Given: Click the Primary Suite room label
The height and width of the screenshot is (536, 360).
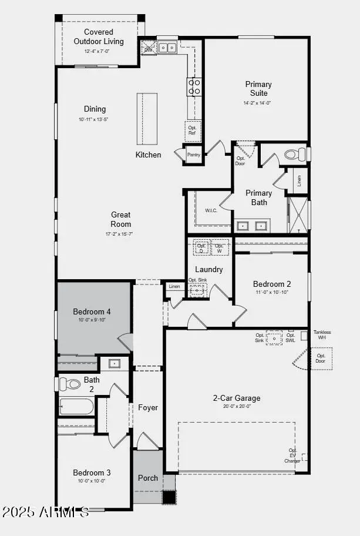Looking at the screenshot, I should pyautogui.click(x=258, y=89).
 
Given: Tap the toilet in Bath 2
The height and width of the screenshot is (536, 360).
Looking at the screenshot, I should pyautogui.click(x=71, y=384).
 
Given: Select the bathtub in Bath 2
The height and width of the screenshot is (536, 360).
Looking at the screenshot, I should pyautogui.click(x=77, y=407).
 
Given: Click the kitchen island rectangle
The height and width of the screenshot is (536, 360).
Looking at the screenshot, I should pyautogui.click(x=148, y=118).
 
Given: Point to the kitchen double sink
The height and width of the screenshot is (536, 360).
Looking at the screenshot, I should pyautogui.click(x=167, y=48).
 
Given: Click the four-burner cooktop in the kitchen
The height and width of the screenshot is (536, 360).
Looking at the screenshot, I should pyautogui.click(x=194, y=87).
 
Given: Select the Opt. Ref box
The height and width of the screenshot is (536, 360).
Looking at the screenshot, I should pyautogui.click(x=192, y=130).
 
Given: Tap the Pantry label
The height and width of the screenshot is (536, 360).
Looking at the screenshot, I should pyautogui.click(x=193, y=155).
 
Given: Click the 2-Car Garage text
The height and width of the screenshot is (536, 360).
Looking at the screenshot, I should pyautogui.click(x=236, y=398).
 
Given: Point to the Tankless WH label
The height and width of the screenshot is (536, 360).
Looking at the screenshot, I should pyautogui.click(x=322, y=335).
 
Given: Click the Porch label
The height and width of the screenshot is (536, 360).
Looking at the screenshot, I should pyautogui.click(x=148, y=478).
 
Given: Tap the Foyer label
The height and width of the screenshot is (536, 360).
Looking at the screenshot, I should pyautogui.click(x=148, y=407).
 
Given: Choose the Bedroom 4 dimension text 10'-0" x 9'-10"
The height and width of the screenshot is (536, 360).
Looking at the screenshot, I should pyautogui.click(x=92, y=320).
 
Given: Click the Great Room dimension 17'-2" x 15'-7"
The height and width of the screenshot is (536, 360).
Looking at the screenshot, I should pyautogui.click(x=120, y=234).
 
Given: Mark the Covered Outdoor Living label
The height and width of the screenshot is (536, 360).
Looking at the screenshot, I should pyautogui.click(x=99, y=36).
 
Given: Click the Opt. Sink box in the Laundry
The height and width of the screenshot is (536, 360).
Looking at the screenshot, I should pyautogui.click(x=198, y=289).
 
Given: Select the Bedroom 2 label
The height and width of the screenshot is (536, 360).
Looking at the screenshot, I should pyautogui.click(x=272, y=284).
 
